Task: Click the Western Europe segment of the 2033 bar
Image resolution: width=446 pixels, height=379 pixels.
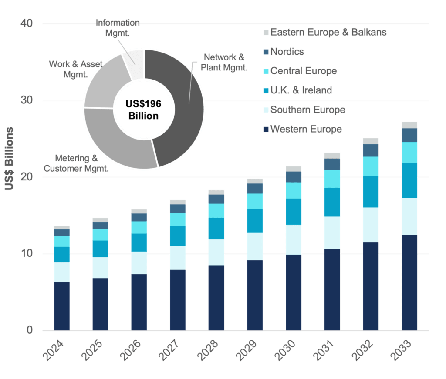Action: pyautogui.click(x=409, y=283)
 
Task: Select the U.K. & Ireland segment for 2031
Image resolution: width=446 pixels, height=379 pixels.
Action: pyautogui.click(x=332, y=202)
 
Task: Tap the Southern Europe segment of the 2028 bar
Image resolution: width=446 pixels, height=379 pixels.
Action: pyautogui.click(x=216, y=253)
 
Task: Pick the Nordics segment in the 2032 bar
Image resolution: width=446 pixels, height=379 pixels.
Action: pyautogui.click(x=371, y=150)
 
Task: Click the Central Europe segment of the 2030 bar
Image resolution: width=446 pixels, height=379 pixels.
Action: pyautogui.click(x=294, y=190)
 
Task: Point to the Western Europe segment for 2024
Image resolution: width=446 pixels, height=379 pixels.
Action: pyautogui.click(x=62, y=306)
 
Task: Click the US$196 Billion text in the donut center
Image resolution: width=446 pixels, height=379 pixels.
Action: pyautogui.click(x=143, y=110)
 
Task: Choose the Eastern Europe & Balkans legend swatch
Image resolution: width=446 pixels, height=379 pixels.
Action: pyautogui.click(x=266, y=32)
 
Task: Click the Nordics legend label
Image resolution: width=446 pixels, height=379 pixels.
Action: pyautogui.click(x=287, y=52)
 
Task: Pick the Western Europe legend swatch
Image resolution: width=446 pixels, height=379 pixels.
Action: pyautogui.click(x=266, y=130)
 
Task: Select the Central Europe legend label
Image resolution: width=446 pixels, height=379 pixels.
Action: pyautogui.click(x=304, y=71)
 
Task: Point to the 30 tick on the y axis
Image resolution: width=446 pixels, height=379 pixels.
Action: pyautogui.click(x=27, y=100)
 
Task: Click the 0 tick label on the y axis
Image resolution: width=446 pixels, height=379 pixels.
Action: pyautogui.click(x=30, y=330)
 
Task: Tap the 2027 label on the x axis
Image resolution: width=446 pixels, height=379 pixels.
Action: pyautogui.click(x=169, y=350)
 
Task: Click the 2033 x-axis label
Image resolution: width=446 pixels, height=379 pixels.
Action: pyautogui.click(x=401, y=350)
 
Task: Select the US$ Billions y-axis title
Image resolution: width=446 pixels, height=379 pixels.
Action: pyautogui.click(x=9, y=158)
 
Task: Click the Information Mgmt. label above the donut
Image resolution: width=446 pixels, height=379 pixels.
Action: pyautogui.click(x=118, y=28)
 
